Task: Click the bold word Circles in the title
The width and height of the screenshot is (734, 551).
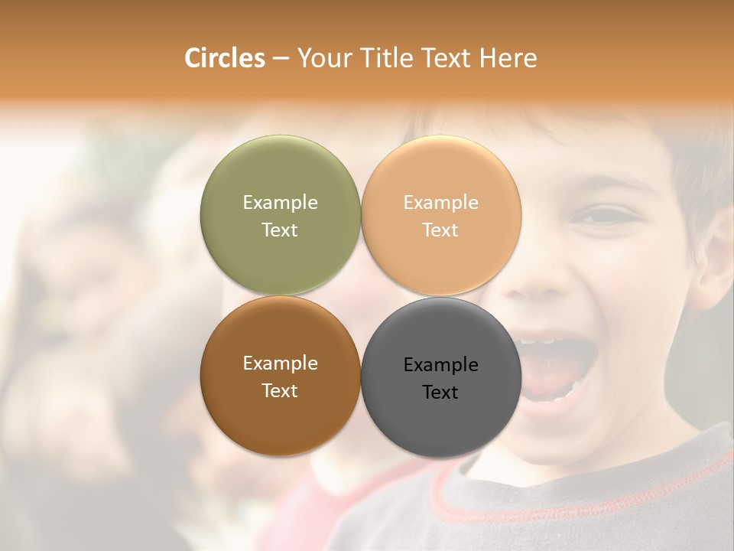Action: coord(225,58)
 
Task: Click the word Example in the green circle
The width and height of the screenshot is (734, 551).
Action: coord(280,202)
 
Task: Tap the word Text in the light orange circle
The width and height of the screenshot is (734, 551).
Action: coord(440,230)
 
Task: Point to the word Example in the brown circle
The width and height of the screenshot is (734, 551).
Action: coord(280,363)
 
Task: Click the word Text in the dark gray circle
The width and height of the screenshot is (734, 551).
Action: coord(440,393)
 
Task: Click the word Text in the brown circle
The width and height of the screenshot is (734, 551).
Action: coord(280,391)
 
